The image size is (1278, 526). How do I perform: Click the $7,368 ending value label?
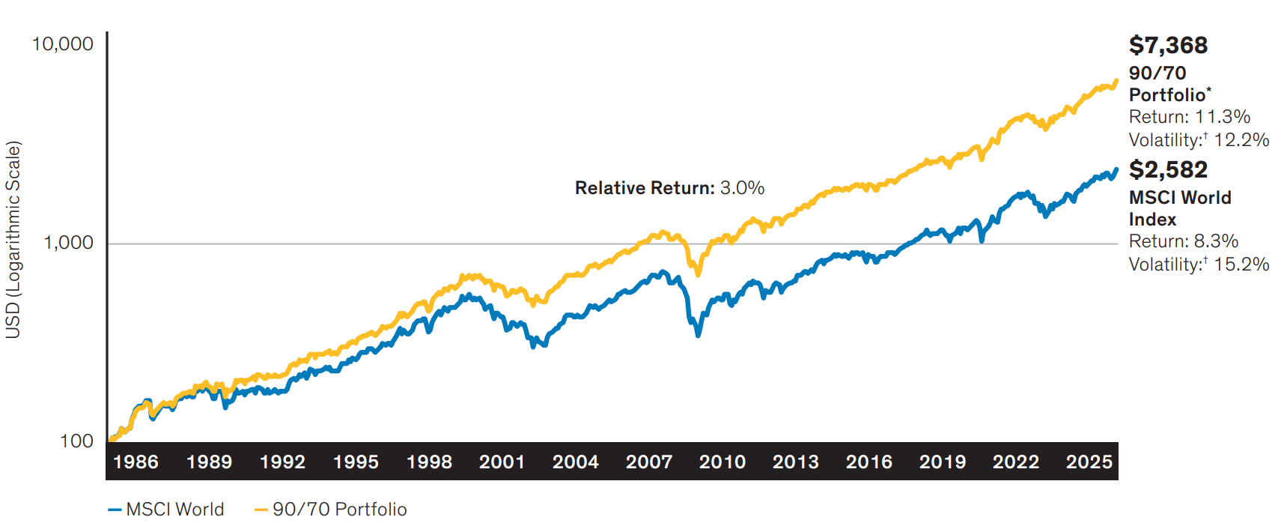1168,46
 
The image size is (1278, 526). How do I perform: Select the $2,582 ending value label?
1168,170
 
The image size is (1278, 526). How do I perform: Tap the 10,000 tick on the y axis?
63,44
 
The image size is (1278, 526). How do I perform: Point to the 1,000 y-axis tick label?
68,243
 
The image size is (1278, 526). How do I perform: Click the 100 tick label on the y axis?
76,441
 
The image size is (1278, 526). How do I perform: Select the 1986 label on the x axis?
136,462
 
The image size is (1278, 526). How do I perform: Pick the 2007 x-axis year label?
649,462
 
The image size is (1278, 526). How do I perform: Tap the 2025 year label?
1089,462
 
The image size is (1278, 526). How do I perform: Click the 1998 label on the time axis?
429,462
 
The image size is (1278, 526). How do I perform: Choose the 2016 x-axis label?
869,462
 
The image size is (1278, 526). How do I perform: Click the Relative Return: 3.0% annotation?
669,188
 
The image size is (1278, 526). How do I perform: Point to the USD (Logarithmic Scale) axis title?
13,240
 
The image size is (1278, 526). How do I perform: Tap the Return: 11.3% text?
1190,117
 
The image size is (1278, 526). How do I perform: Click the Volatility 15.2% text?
1199,264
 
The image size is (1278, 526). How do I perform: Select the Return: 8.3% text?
1184,241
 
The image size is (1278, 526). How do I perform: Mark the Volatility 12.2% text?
1199,140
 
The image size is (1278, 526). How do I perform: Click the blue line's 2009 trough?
698,334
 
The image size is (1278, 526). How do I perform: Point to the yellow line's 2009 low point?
698,274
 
